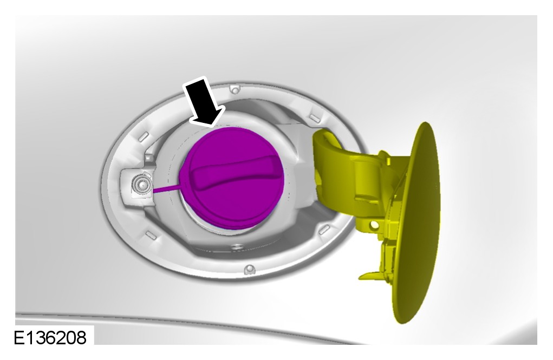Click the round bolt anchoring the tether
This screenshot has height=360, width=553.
tap(141, 184)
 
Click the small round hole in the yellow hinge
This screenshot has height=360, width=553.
tap(375, 224)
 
